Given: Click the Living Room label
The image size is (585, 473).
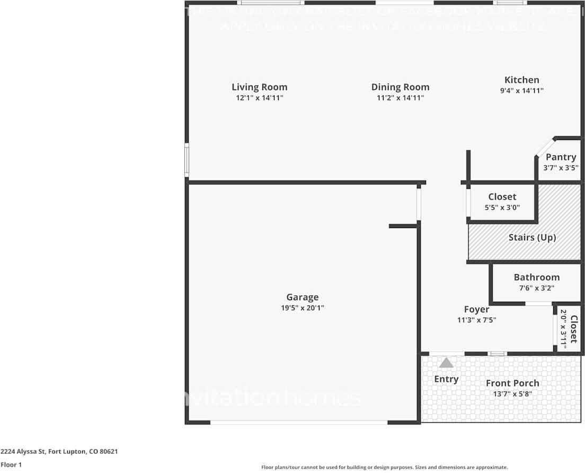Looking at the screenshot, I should coord(260,87).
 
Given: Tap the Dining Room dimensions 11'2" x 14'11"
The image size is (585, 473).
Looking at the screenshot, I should coord(400,98).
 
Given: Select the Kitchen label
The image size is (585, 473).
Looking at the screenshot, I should coord(522,80).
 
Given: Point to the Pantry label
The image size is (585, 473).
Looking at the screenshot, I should coord(561,157).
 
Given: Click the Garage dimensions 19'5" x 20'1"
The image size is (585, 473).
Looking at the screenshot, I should coord(303,308).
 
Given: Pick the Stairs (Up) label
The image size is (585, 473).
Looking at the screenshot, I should coord(532,238).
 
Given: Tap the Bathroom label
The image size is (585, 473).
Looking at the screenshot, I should coord(536,277).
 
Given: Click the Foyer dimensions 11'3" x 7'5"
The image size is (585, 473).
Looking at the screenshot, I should coord(476,320).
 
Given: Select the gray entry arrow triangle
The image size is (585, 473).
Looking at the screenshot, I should coord(446,363).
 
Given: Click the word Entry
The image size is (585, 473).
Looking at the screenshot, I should coord(446,379).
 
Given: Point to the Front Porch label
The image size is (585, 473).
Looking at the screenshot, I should coord(512,383).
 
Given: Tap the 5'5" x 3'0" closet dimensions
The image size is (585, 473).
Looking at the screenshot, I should coord(502,208).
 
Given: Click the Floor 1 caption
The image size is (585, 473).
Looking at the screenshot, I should coord(11,465).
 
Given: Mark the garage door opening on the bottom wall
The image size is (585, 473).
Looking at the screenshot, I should coord(299,423).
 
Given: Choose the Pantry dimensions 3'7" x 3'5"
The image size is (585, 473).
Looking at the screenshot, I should coord(561,168).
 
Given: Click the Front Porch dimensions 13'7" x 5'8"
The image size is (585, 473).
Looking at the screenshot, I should coord(512,394).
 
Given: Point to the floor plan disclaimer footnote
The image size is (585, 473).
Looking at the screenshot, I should coord(385,467).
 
